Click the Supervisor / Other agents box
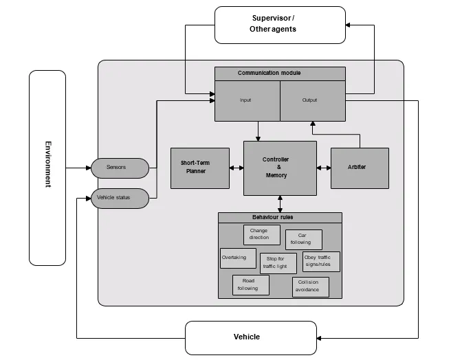(280, 25)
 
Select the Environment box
(47, 168)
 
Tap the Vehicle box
(251, 338)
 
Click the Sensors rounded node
(120, 168)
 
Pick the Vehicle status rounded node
(120, 198)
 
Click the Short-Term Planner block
(200, 168)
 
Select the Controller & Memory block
(280, 168)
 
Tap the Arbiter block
(360, 168)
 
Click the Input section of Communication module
(247, 101)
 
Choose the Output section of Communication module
(313, 101)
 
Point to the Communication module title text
(269, 73)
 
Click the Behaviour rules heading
(273, 217)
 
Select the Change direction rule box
(262, 235)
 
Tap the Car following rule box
(304, 240)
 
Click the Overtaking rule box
(238, 258)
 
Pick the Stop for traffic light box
(278, 263)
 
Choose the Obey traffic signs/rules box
(321, 261)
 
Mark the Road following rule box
(251, 285)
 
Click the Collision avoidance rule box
(311, 286)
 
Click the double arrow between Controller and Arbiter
(324, 168)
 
